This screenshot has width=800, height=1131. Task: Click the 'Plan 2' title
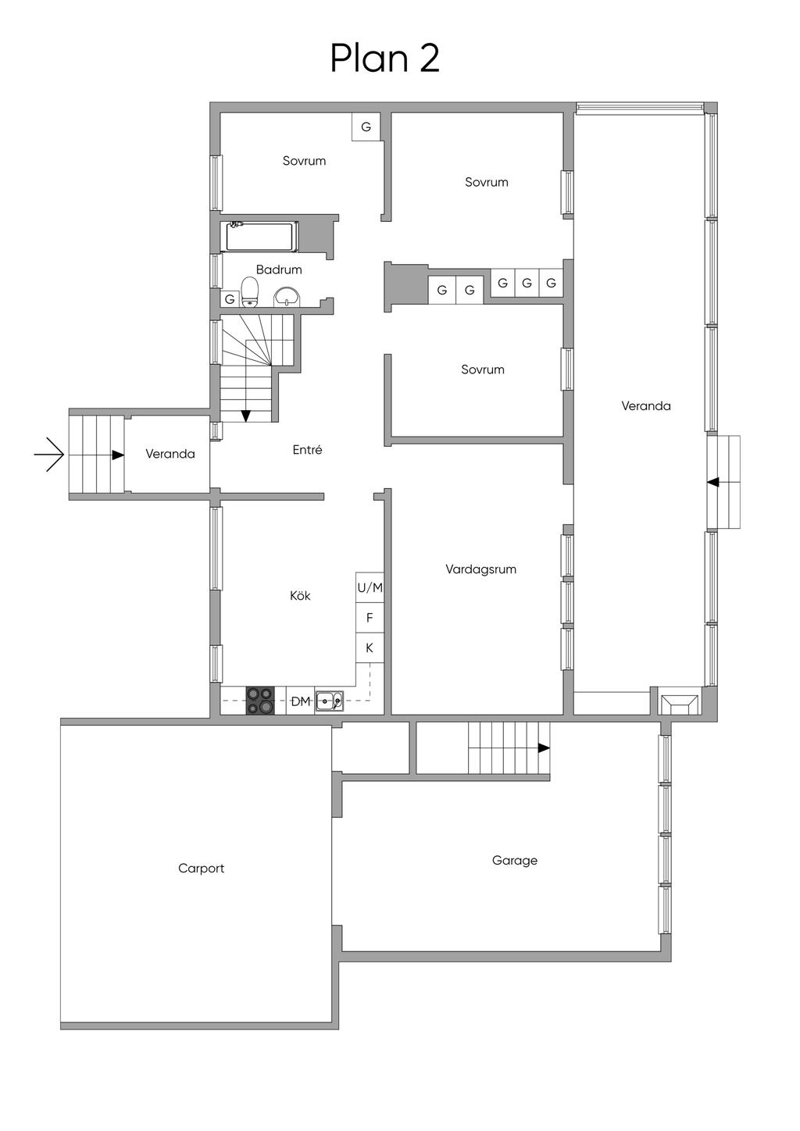coord(384,59)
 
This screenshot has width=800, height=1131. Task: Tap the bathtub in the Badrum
coord(261,237)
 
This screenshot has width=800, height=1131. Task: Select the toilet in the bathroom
coord(250,292)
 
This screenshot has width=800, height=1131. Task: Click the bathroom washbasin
coord(287,297)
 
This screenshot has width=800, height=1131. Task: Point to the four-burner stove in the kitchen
coord(260,700)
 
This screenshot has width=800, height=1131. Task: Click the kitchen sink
coord(329,701)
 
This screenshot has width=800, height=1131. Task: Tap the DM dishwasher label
coord(301,701)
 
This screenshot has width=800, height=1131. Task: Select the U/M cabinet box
coord(370,587)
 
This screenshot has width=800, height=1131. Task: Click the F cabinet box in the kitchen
coord(370,618)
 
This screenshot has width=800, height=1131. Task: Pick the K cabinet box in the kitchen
coord(370,648)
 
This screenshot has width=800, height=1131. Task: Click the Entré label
coord(307,450)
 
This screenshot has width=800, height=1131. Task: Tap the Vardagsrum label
coord(480,569)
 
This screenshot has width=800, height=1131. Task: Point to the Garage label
coord(514,861)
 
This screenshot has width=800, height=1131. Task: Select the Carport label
coord(201,869)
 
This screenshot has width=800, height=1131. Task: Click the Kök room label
coord(300,596)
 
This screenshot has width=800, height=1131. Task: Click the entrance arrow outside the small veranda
coord(49,454)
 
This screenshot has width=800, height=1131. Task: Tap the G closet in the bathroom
coord(230,299)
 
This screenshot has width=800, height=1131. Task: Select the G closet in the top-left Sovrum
coord(366,127)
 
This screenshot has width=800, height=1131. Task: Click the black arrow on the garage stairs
coord(543,747)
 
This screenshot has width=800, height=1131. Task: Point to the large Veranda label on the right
coord(645,406)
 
